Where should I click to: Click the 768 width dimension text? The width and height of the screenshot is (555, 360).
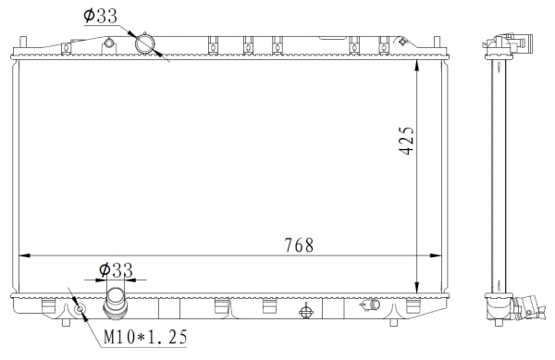298,245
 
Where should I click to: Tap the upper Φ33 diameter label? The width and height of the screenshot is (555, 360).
99,16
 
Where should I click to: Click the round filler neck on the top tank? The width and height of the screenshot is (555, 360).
145,43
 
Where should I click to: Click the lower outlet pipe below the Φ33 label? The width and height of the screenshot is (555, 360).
117,303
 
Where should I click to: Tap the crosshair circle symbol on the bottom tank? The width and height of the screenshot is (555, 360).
305,311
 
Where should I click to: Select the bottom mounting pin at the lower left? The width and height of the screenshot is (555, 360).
66,323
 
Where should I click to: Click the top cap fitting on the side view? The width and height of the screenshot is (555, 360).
512,41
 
